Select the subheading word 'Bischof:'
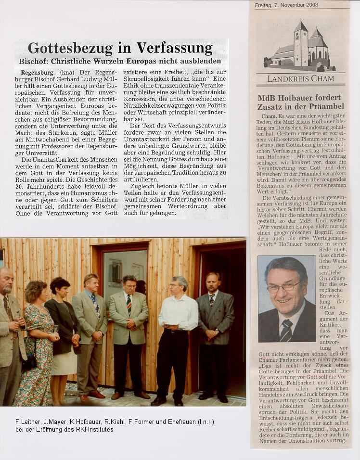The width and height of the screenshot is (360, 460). tap(34, 61)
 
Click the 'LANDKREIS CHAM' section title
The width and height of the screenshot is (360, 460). tap(300, 78)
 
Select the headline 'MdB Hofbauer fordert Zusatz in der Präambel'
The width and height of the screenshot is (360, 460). tap(300, 102)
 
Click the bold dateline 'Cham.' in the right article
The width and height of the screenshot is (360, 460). tap(269, 116)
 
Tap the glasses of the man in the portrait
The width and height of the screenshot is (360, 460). tap(283, 287)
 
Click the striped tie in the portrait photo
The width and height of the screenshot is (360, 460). tap(286, 331)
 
